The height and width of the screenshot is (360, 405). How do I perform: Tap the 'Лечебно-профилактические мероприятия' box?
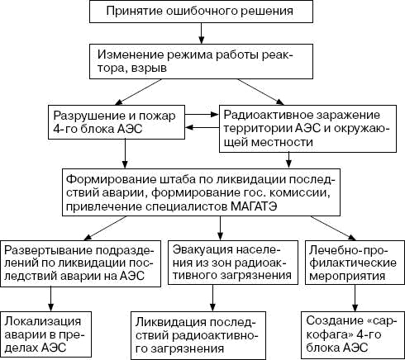[351, 262]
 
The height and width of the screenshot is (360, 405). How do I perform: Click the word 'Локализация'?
[40, 320]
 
